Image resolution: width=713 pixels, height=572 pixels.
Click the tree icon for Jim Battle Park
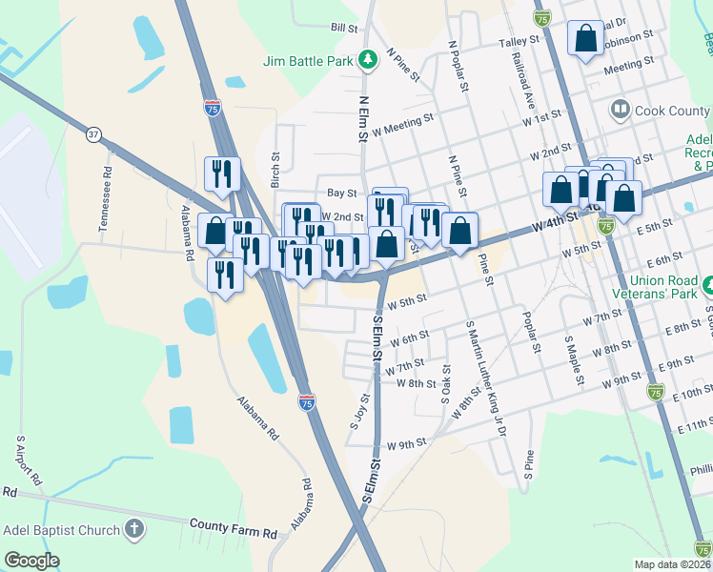[x=368, y=61]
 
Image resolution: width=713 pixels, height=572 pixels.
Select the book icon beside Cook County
[x=621, y=111]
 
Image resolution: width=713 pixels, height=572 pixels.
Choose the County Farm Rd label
[x=233, y=524]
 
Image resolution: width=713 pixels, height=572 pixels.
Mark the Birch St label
[x=275, y=170]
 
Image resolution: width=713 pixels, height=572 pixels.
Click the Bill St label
[x=343, y=29]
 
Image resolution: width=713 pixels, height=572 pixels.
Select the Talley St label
[x=519, y=43]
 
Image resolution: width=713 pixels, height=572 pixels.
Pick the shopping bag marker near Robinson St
[x=585, y=39]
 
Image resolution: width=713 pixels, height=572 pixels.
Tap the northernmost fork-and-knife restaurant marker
[x=221, y=174]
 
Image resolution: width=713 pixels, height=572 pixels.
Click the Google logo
[x=31, y=561]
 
